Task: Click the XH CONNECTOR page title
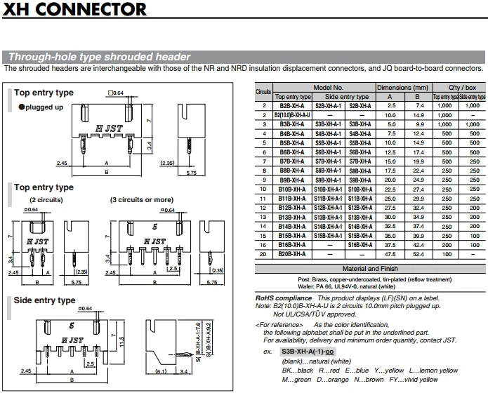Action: [x=76, y=10]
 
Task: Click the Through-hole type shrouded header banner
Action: [x=98, y=57]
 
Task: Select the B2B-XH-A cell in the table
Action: [x=291, y=105]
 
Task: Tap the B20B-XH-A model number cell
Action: [x=291, y=253]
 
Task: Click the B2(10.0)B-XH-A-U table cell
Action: [x=291, y=114]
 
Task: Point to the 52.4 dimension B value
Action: [x=418, y=253]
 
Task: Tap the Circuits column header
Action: [x=264, y=91]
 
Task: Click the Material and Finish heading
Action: [x=369, y=268]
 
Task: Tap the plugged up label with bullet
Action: [x=41, y=107]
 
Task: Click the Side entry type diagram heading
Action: [x=45, y=300]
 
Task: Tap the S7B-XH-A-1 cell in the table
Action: [x=327, y=161]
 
